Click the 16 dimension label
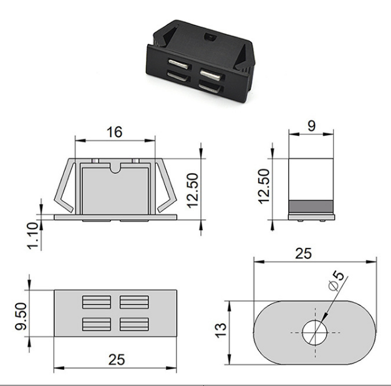(x=115, y=132)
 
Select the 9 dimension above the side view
(x=311, y=126)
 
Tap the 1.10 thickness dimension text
(x=32, y=236)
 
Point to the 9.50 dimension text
(x=21, y=316)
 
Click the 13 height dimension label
(x=221, y=331)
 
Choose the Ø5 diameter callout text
(x=336, y=281)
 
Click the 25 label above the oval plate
(x=303, y=253)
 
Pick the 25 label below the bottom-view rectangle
(x=117, y=360)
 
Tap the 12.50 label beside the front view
(x=192, y=191)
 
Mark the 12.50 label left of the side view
(x=264, y=187)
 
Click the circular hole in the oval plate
(x=315, y=332)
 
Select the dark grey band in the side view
(x=311, y=206)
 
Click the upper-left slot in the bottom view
(x=97, y=302)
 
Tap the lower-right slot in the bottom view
(x=134, y=324)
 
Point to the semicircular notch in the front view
(x=115, y=168)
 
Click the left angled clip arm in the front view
(x=65, y=186)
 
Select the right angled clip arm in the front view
(x=167, y=186)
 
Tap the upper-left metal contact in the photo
(x=178, y=64)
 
